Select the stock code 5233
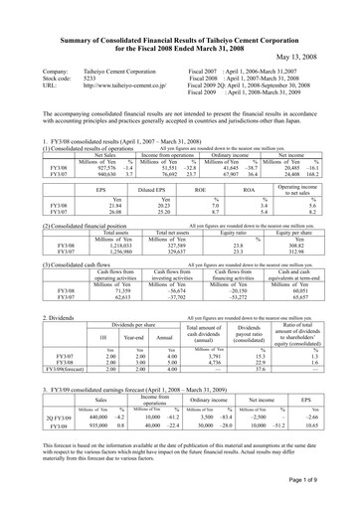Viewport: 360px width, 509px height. point(94,81)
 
